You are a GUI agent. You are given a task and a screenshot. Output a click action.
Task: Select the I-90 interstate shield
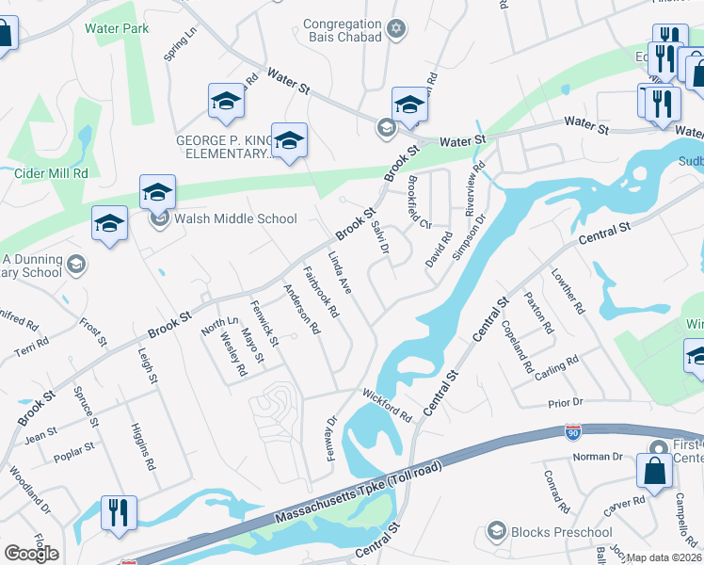573,433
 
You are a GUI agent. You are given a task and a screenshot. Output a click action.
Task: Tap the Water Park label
117,29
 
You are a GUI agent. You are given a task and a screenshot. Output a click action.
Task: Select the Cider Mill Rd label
51,173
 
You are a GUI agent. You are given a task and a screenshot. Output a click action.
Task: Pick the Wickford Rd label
388,410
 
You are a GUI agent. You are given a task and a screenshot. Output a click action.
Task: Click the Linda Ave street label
340,272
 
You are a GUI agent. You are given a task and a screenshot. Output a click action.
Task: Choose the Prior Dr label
566,402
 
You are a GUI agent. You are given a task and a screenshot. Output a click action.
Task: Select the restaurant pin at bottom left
119,514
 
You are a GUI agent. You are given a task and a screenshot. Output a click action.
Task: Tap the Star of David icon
396,30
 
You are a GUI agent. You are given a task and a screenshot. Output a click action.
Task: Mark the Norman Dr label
599,458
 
